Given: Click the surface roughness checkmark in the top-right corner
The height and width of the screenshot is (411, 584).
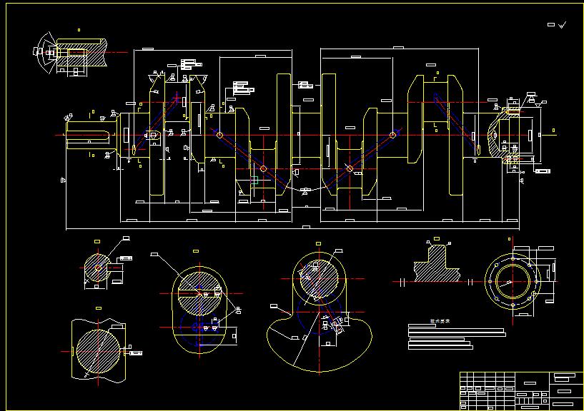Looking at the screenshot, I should coord(563,25).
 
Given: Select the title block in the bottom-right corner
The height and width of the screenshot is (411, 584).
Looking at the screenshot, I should coord(520,390).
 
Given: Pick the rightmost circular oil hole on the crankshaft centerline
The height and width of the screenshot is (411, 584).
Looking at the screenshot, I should coord(393,134).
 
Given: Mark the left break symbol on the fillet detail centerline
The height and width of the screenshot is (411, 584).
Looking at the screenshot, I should coord(403,282).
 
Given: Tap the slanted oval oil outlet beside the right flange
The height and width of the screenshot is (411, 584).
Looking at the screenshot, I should coord(478,148).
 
